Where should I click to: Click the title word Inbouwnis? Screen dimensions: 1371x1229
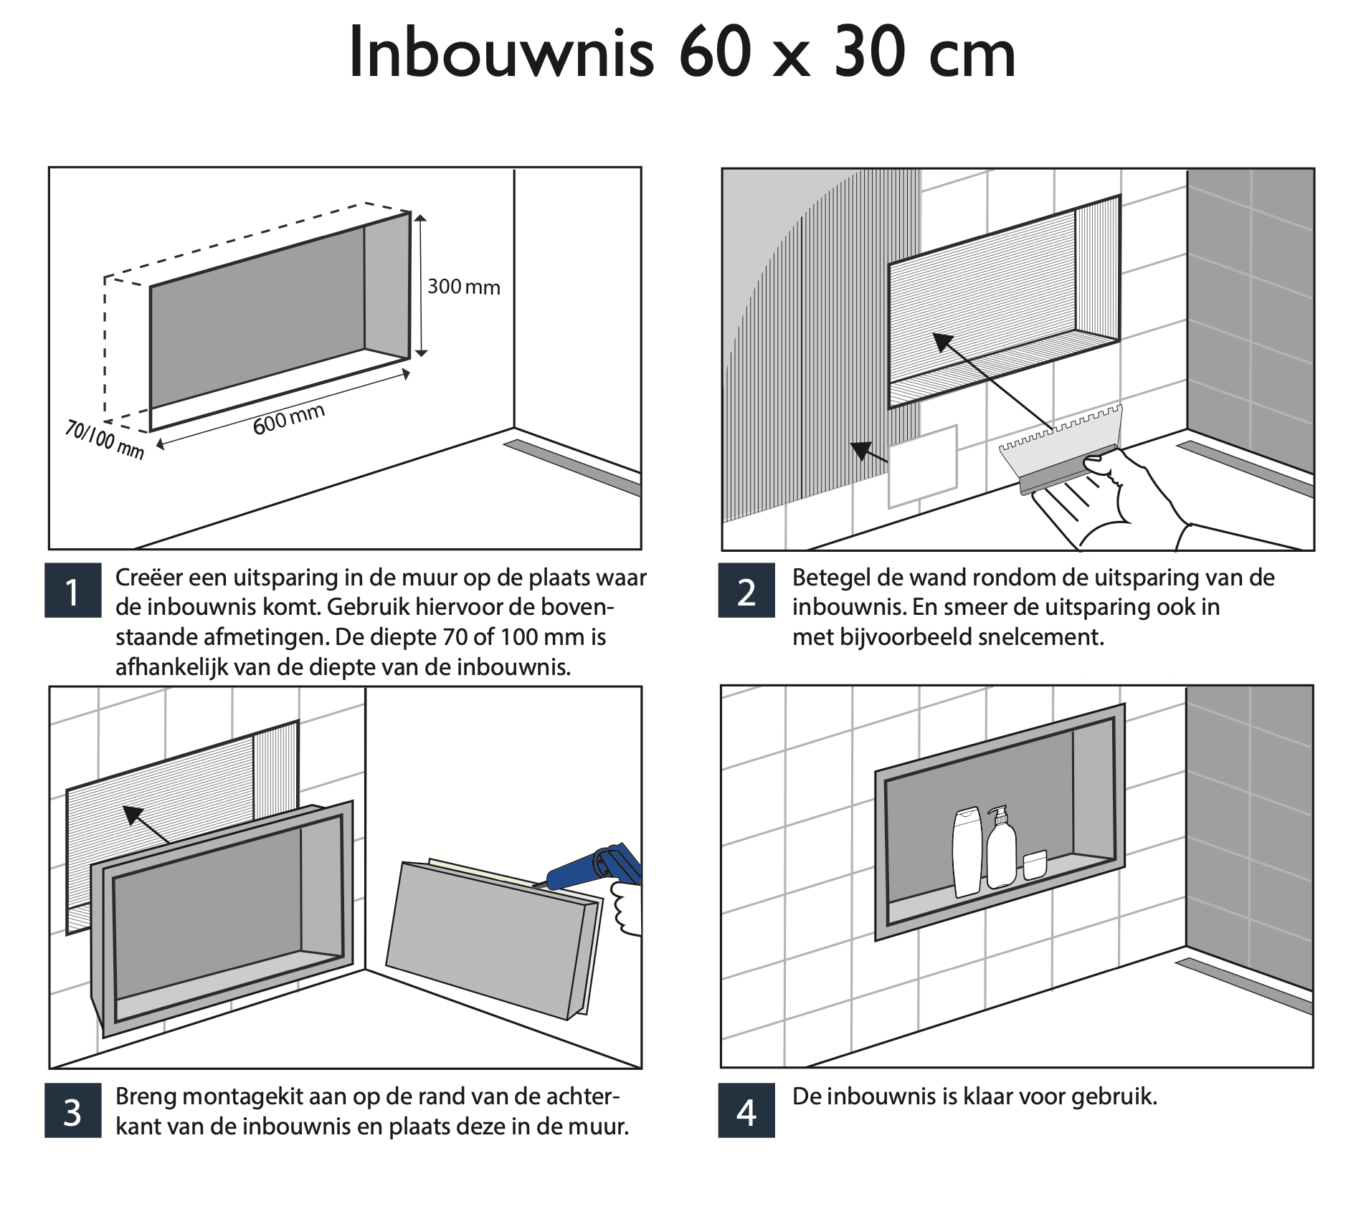[x=501, y=54]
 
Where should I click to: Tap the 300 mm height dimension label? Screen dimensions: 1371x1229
[x=463, y=287]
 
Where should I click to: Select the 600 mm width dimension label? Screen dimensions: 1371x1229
[x=289, y=419]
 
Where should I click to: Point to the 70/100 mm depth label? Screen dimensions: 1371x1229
[x=105, y=439]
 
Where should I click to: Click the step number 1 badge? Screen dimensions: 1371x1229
[x=72, y=591]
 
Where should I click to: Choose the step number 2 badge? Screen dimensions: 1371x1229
[x=746, y=591]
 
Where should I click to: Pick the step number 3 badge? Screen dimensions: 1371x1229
[x=72, y=1111]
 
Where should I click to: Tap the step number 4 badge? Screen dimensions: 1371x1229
[x=746, y=1111]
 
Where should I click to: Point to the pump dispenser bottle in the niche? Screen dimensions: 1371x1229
[x=1001, y=850]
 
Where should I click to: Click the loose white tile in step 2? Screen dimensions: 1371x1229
[x=923, y=466]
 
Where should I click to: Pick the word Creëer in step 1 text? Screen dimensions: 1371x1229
[x=148, y=578]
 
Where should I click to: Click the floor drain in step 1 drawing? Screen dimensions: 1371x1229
[x=574, y=467]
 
